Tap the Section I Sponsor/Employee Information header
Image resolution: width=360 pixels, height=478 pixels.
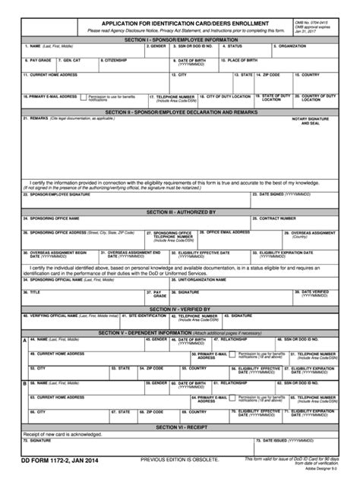click(x=180, y=39)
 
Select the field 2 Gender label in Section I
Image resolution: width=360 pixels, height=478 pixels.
click(x=157, y=46)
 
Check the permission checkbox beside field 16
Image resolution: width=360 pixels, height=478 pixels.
click(x=84, y=97)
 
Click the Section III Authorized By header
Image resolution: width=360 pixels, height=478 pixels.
click(x=180, y=212)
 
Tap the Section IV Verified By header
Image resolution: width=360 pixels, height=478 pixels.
click(x=180, y=309)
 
